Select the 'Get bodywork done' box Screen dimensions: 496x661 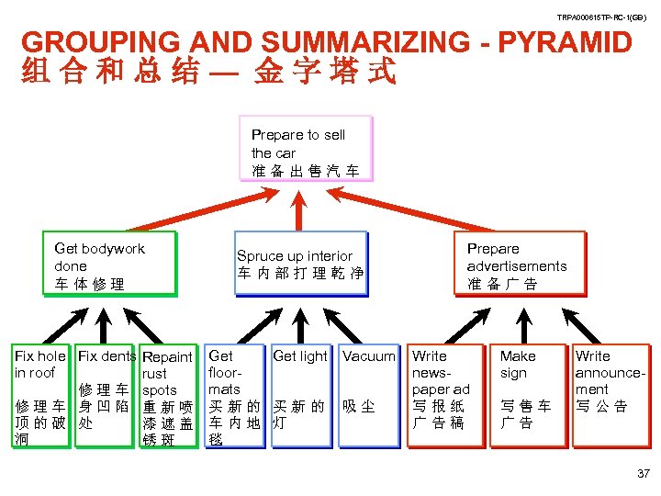[x=108, y=266]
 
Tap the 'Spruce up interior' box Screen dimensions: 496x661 [x=300, y=265]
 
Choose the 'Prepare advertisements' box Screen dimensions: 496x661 [x=519, y=265]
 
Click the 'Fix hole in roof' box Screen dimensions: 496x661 [x=40, y=396]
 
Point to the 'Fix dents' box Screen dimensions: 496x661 [x=106, y=396]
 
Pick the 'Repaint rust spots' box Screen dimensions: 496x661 [x=168, y=396]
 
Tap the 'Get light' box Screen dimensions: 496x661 [x=300, y=396]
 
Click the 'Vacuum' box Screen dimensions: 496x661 [x=368, y=396]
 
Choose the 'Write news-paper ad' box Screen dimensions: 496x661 [x=445, y=396]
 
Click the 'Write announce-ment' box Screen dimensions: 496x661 [x=610, y=396]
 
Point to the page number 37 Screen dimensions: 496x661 [x=642, y=474]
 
